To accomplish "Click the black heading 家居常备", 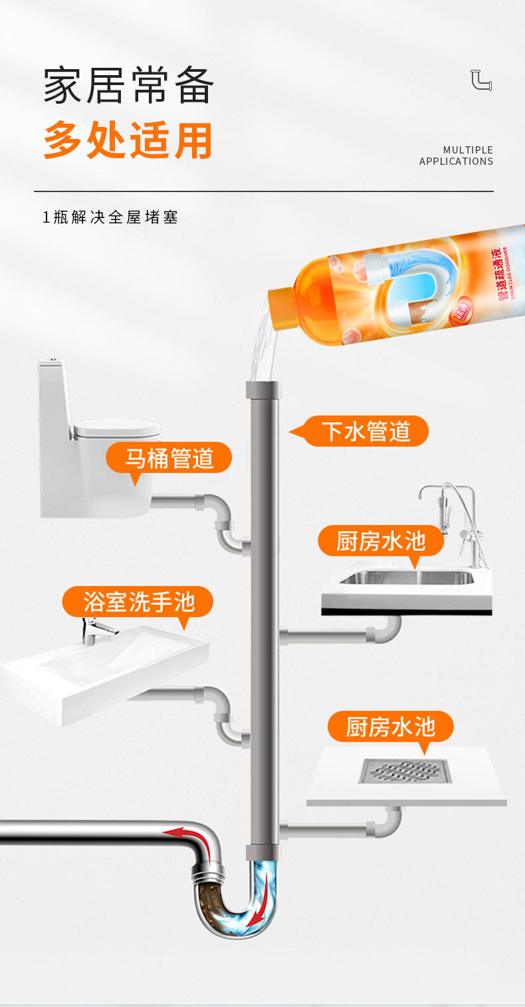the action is (129, 86).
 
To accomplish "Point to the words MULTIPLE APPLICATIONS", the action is (457, 156).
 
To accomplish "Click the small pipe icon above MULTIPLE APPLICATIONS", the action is (481, 80).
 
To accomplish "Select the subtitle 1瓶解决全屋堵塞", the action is (110, 217).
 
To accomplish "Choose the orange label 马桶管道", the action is (169, 458).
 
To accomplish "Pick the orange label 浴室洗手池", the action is (138, 602).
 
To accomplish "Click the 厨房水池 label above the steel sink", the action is (380, 540).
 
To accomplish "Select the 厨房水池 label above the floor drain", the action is (390, 727).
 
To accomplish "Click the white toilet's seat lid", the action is (117, 429).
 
